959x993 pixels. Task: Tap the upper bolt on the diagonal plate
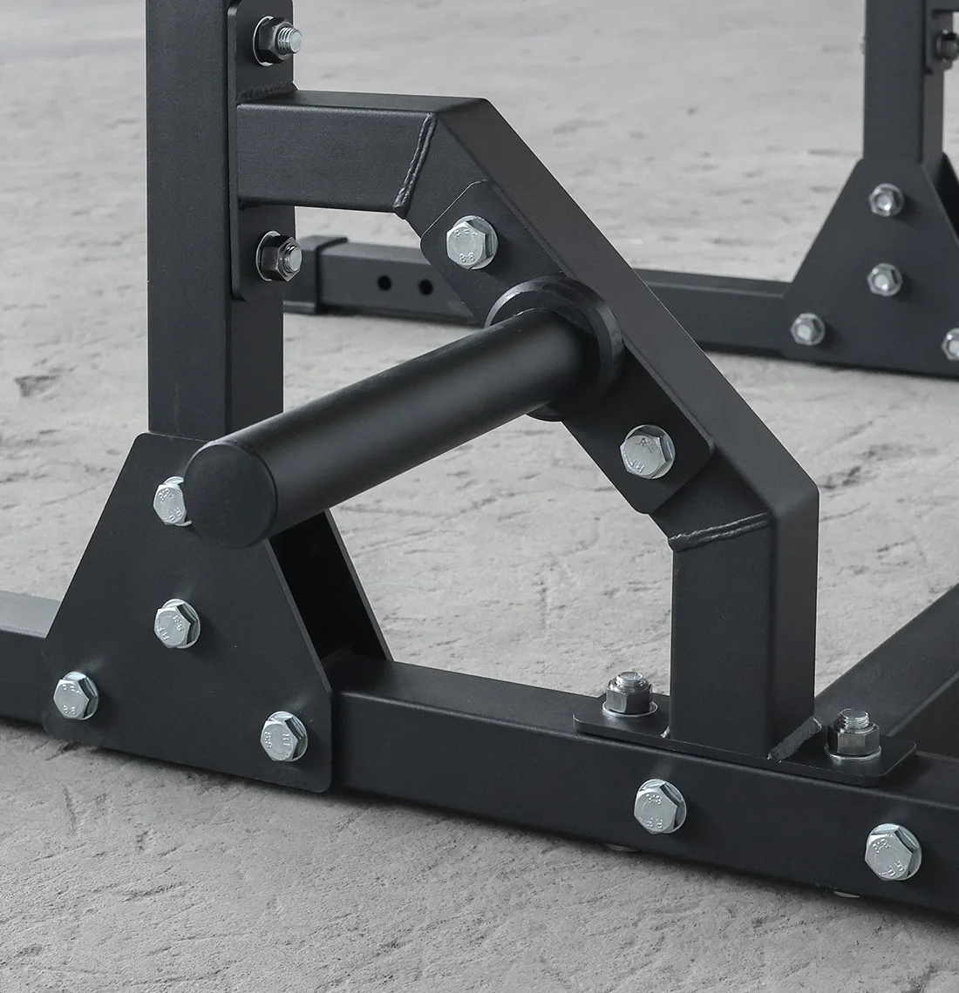click(471, 240)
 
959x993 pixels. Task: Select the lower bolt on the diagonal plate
click(647, 451)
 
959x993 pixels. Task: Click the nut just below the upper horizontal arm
click(279, 254)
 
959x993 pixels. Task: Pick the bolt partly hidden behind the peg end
click(170, 502)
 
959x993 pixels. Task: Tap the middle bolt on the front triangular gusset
click(177, 621)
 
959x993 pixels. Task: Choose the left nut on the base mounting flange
click(624, 693)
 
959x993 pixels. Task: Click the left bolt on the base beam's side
click(660, 805)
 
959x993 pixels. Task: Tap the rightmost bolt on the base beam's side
click(893, 850)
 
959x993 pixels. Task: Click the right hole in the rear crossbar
click(425, 287)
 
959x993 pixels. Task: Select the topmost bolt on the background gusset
click(887, 199)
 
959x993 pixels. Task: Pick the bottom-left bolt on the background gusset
click(807, 329)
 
